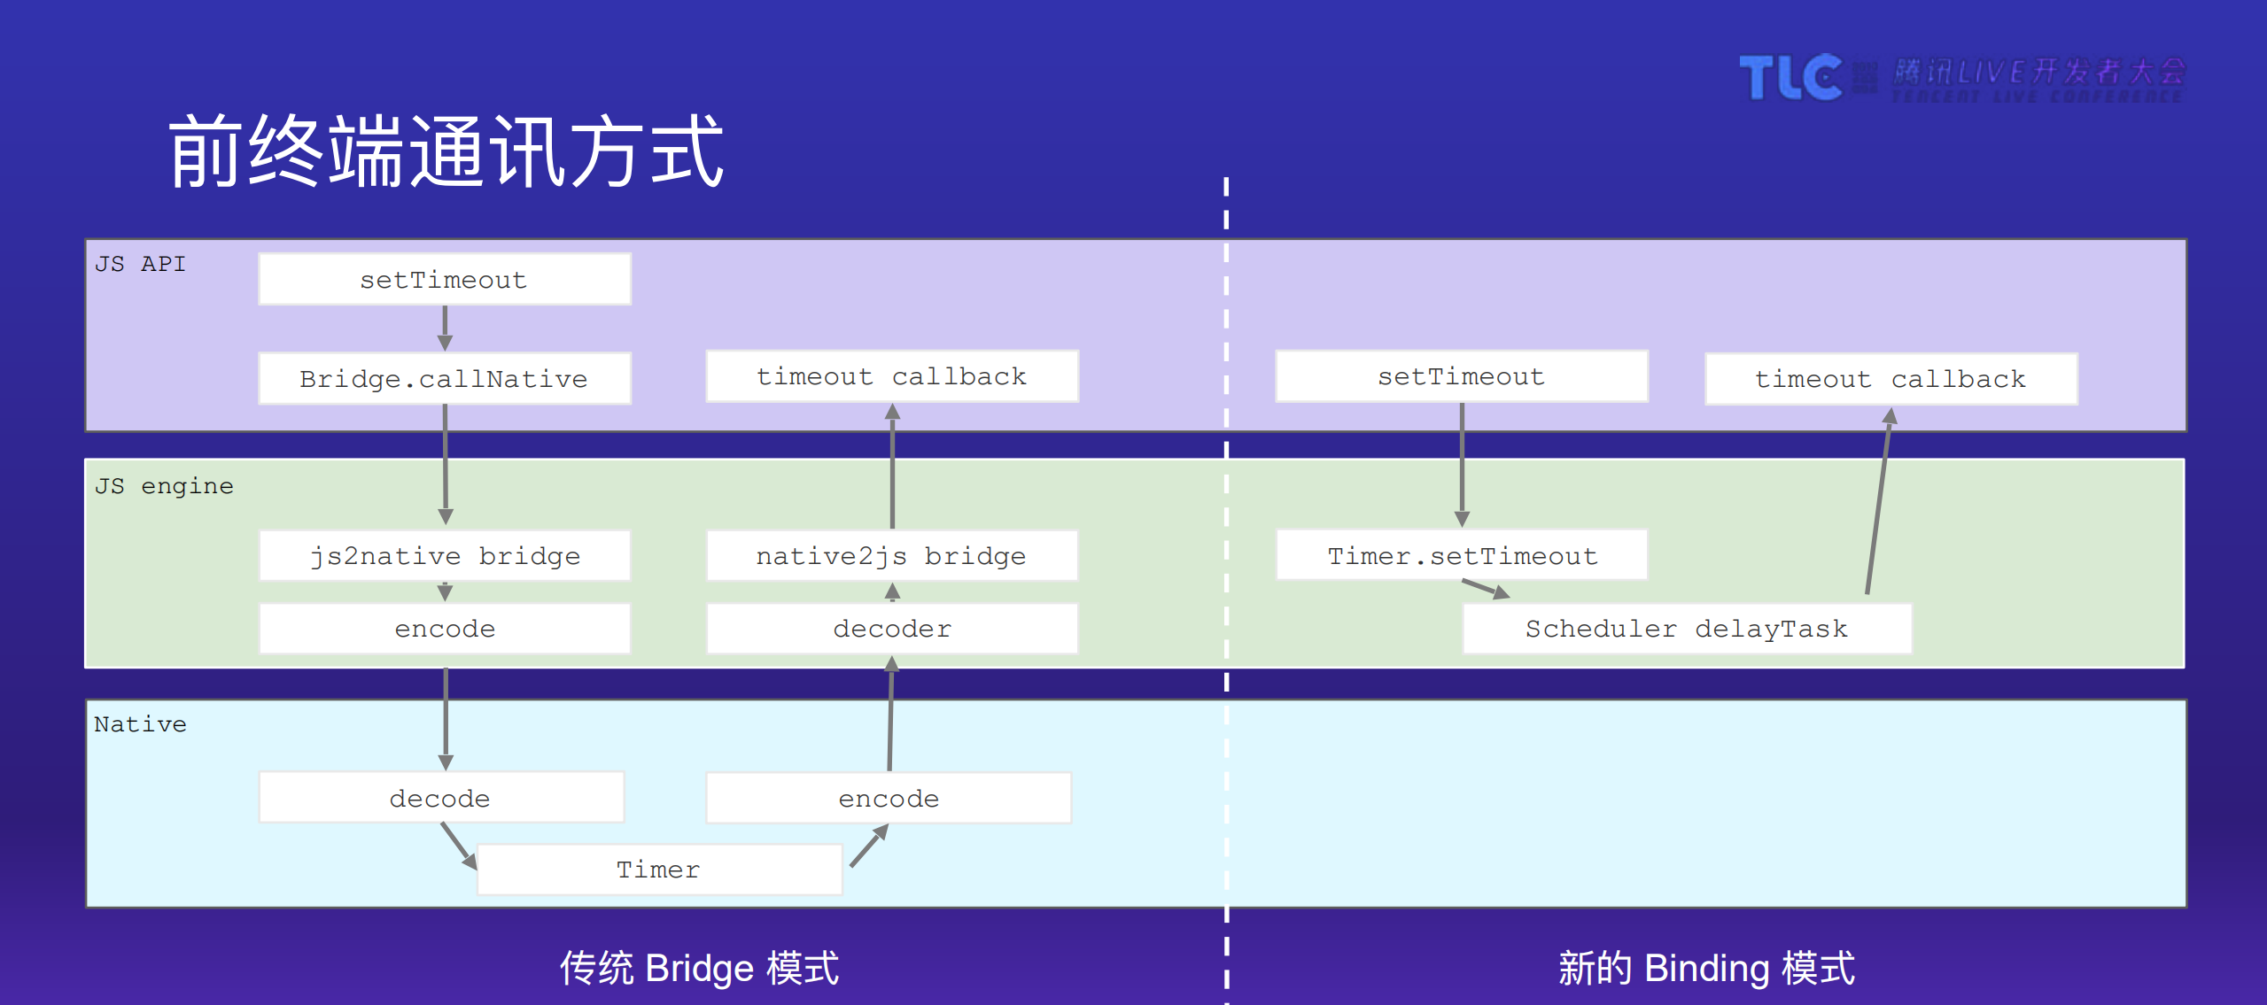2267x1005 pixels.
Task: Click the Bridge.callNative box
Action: [444, 379]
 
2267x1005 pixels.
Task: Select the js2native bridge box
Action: [444, 556]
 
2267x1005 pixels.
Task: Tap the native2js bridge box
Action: [891, 556]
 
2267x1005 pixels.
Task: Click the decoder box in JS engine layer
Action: [891, 629]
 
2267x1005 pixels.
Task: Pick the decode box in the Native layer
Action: [440, 798]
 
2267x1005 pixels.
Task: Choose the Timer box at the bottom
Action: [658, 870]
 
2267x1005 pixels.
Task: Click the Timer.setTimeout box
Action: [1462, 556]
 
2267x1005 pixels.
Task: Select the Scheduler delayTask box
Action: [1686, 629]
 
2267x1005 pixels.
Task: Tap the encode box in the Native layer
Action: [889, 798]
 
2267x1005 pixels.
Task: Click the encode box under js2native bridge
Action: [444, 629]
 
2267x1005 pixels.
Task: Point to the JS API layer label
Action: [140, 264]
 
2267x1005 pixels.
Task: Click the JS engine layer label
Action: [164, 486]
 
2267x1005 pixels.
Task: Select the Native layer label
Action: [140, 724]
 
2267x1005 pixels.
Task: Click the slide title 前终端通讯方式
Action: [446, 152]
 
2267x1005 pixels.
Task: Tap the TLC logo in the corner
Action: [1790, 77]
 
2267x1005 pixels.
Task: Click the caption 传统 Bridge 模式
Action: [699, 968]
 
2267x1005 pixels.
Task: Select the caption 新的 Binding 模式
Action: [1706, 968]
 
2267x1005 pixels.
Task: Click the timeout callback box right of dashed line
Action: [1890, 379]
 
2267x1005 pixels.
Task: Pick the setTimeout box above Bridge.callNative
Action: [444, 280]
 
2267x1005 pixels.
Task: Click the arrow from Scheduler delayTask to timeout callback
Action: [1878, 505]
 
